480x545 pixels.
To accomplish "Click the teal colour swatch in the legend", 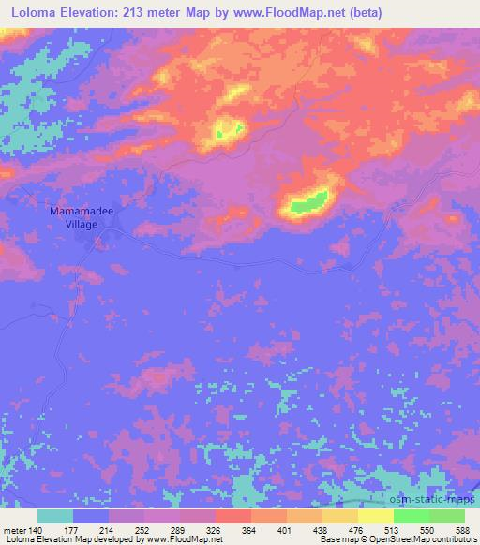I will (55, 516).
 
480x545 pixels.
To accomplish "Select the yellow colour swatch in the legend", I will (375, 516).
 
